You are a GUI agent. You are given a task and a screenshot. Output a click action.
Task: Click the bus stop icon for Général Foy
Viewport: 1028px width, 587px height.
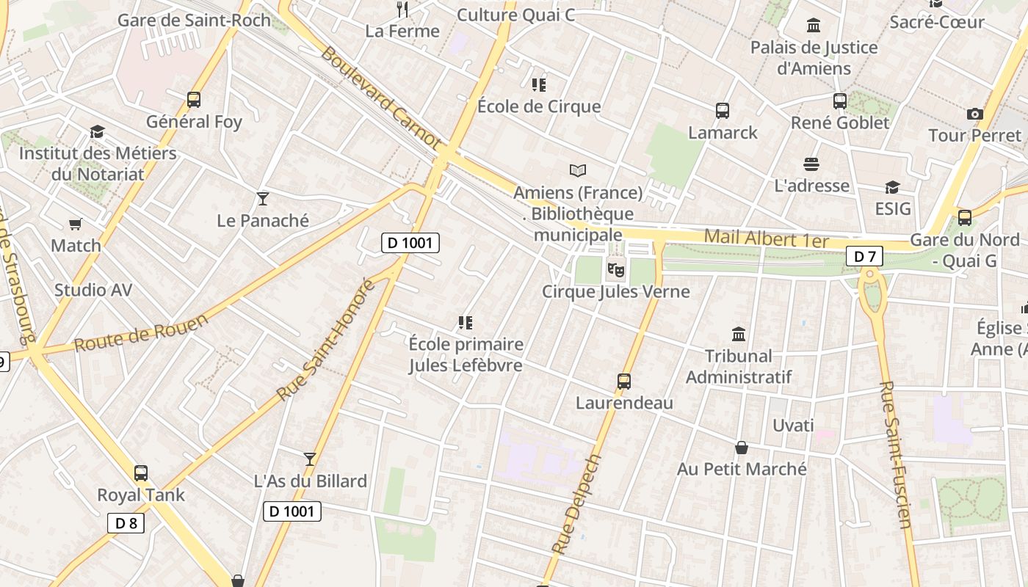click(x=194, y=100)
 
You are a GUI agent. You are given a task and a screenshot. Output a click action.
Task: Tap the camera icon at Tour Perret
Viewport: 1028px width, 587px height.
click(x=975, y=114)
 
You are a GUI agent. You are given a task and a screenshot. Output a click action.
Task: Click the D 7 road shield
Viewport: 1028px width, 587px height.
click(x=864, y=256)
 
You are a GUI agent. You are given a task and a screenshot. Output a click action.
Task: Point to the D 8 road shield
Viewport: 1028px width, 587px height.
click(x=126, y=523)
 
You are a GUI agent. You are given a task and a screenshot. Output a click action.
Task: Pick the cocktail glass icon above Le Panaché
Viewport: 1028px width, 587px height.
click(x=263, y=198)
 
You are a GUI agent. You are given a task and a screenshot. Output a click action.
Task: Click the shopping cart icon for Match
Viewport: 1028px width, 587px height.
click(x=76, y=224)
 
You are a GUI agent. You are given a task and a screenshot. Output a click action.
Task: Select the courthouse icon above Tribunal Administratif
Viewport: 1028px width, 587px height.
click(x=739, y=335)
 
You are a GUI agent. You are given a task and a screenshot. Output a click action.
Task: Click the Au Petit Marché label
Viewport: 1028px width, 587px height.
click(x=742, y=469)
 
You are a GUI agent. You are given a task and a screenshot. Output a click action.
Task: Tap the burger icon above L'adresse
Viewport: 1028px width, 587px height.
click(x=811, y=164)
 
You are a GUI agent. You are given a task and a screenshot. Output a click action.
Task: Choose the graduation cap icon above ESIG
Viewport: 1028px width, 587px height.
click(x=892, y=187)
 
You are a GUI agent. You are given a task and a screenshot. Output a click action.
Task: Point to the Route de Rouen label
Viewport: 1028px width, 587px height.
click(x=141, y=332)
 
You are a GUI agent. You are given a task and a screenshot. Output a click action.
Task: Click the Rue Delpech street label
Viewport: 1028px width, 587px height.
click(x=576, y=503)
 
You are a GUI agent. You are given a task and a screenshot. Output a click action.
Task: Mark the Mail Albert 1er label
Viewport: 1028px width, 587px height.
click(x=766, y=239)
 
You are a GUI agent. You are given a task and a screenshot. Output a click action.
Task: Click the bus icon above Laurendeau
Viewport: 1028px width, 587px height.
click(x=624, y=382)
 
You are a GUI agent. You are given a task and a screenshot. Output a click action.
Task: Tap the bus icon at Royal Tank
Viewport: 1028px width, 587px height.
click(x=141, y=473)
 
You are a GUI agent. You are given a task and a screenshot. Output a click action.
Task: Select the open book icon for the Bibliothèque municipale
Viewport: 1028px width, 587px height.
click(x=578, y=171)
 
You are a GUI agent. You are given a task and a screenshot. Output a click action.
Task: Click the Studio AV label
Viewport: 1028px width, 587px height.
click(x=93, y=290)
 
